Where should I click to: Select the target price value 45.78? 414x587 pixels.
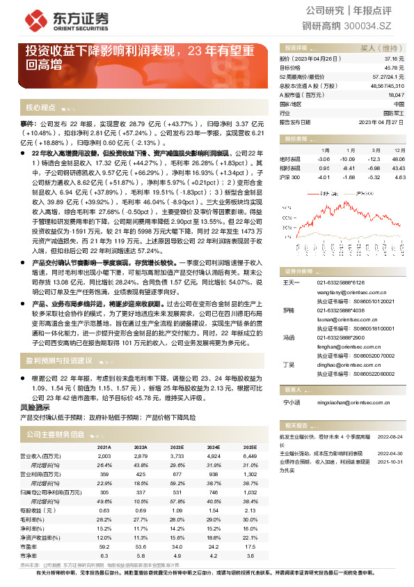(x=397, y=68)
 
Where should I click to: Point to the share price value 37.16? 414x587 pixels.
(x=397, y=60)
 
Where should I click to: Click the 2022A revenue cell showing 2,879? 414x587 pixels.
(x=141, y=455)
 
